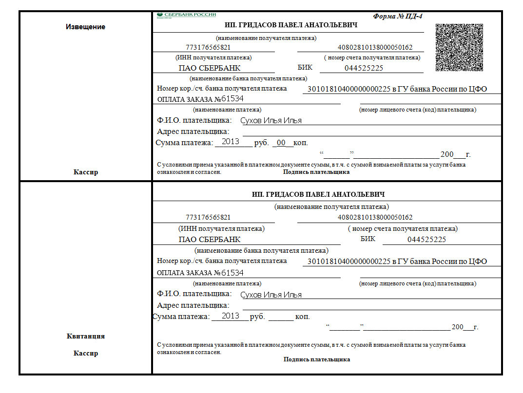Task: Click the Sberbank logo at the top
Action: tap(186, 15)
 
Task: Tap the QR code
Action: tap(459, 47)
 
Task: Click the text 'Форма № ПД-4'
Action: tap(398, 16)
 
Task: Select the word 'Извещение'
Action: tap(85, 27)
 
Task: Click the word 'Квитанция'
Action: tap(85, 336)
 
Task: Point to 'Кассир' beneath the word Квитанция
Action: tap(85, 353)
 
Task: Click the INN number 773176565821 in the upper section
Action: tap(208, 48)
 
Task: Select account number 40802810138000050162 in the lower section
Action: tap(375, 217)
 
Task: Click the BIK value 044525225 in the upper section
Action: tap(364, 68)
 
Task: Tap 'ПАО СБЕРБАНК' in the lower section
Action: tap(210, 240)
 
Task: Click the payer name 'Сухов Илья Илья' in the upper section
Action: tap(271, 120)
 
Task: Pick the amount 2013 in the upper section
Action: tap(230, 142)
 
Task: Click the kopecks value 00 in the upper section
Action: tap(281, 143)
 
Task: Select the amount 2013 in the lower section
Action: tap(230, 316)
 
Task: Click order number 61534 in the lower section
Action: tap(232, 273)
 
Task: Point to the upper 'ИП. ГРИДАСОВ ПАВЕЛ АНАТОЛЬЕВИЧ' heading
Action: tap(291, 25)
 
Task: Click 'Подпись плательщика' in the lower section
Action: tap(317, 359)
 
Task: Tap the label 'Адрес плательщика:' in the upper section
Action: tap(193, 131)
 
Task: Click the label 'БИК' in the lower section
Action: tap(368, 239)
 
